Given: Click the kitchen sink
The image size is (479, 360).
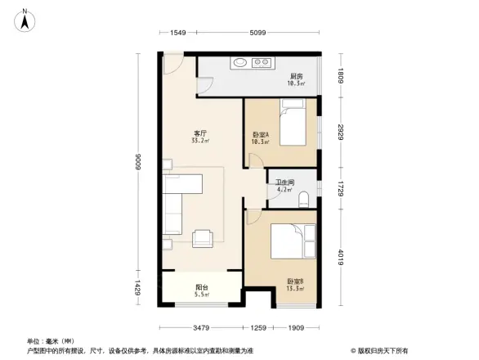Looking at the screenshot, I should (241, 61).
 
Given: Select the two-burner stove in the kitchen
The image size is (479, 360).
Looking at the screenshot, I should (262, 61).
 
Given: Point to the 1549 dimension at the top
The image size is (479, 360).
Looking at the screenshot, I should (180, 32).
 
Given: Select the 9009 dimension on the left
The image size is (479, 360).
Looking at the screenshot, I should (140, 164).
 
